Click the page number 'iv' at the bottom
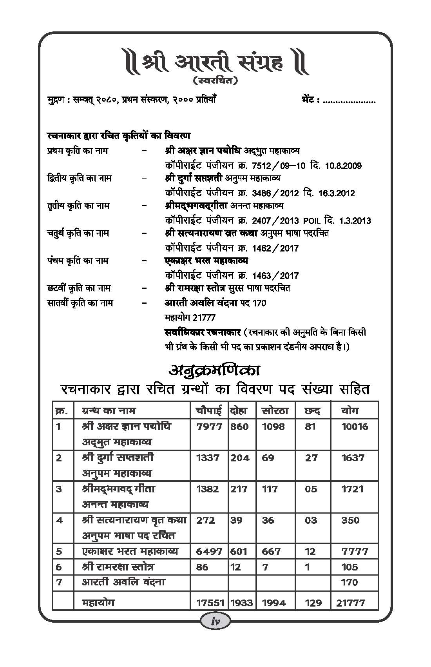(215, 632)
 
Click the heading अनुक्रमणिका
(215, 370)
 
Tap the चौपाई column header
(209, 411)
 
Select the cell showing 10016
(355, 426)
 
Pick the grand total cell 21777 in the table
(350, 603)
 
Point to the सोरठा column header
(275, 411)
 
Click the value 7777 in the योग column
(355, 551)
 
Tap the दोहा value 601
(239, 551)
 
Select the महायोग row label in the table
(98, 602)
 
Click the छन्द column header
(312, 411)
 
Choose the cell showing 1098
(273, 426)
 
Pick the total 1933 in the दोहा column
(241, 603)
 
